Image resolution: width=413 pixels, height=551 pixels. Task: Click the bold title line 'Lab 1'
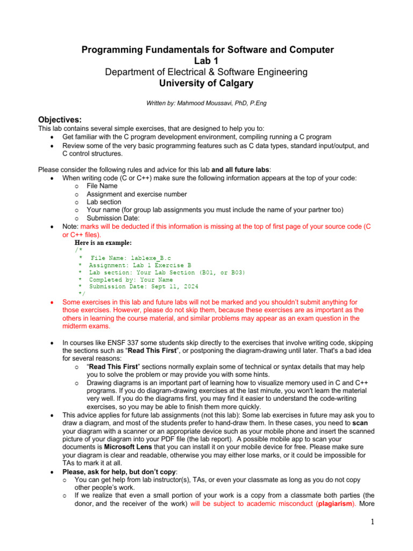click(207, 61)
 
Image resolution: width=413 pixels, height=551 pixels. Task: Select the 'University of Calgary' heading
click(207, 83)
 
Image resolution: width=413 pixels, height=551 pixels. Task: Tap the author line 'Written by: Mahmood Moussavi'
click(207, 102)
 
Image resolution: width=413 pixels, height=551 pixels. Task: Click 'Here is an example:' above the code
click(102, 243)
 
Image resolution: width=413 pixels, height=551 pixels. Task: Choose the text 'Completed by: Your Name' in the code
click(131, 280)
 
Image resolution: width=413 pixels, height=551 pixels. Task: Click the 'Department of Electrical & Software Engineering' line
click(207, 72)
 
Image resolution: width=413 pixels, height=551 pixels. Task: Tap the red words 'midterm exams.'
click(86, 326)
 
